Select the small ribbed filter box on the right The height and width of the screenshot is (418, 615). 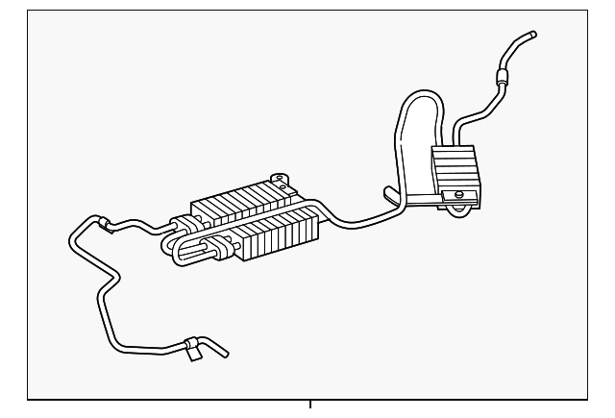[456, 170]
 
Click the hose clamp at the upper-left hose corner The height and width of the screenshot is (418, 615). [104, 223]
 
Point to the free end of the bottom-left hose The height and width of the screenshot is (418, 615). [225, 354]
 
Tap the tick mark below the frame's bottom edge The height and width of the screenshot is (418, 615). [309, 404]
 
